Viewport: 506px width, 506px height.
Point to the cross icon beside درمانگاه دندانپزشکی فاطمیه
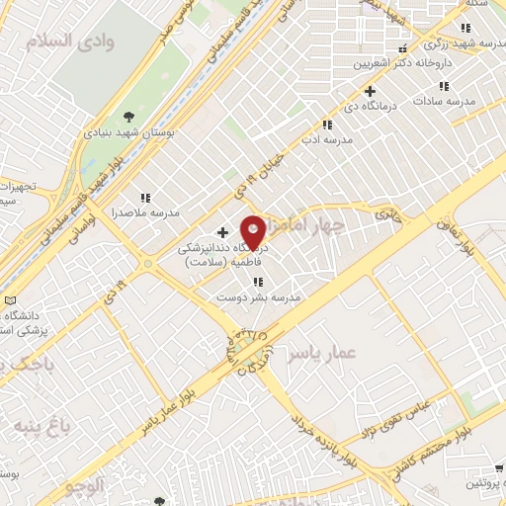222,231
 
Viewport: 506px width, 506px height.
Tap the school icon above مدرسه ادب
327,125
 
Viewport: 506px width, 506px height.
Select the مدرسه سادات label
446,101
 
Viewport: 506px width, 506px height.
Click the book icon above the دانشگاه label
10,300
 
